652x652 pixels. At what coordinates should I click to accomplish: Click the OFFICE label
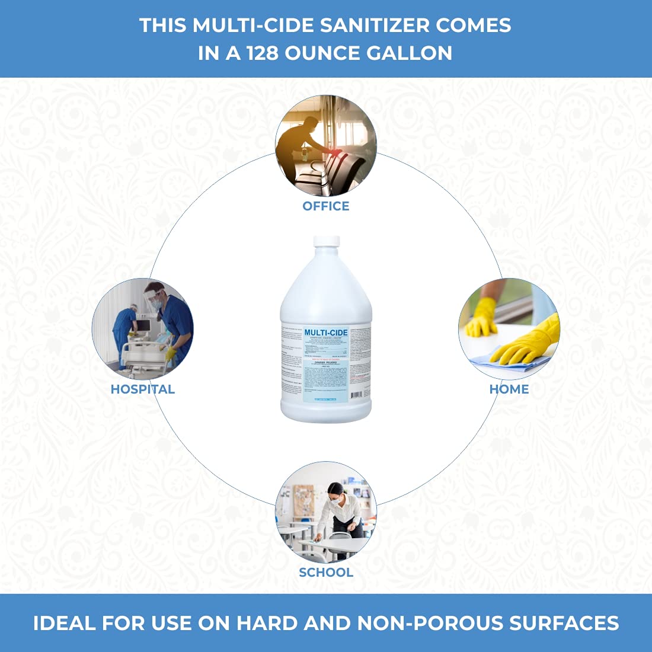326,206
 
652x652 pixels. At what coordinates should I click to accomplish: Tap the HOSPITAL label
143,389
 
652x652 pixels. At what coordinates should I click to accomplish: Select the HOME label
509,389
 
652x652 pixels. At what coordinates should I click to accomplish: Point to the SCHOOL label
326,573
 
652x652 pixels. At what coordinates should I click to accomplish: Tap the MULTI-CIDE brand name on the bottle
326,333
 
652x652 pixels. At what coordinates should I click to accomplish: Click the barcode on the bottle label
356,395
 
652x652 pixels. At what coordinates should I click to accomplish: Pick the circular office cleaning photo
326,146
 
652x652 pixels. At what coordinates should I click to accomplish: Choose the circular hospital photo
143,329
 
